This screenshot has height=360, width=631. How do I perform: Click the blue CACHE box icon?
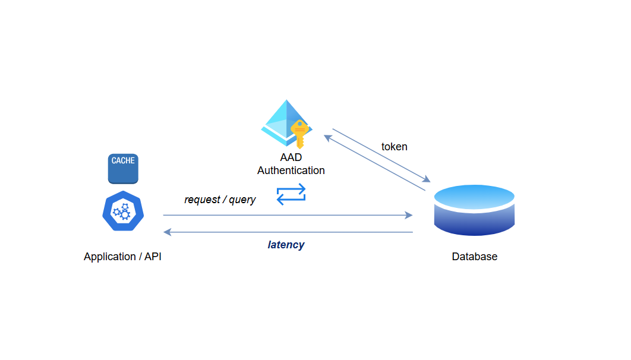[x=123, y=169]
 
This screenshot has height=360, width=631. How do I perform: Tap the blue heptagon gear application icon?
[x=123, y=211]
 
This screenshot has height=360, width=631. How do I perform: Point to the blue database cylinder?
[x=474, y=211]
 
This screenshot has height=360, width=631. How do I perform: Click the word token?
[x=394, y=147]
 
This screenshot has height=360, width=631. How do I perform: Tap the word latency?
[x=286, y=245]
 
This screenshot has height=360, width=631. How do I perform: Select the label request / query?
[x=220, y=200]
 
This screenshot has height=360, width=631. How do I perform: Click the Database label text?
[x=474, y=257]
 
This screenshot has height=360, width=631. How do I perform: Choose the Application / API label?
[x=122, y=257]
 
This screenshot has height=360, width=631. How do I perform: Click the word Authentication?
[x=291, y=170]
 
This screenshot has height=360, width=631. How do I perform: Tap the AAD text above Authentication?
[x=291, y=158]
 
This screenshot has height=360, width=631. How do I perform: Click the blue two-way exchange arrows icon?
[x=291, y=194]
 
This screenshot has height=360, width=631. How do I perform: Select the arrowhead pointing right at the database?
[x=409, y=215]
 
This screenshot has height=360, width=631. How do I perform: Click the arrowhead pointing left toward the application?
[x=168, y=232]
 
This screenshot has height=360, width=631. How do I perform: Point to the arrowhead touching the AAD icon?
[x=327, y=137]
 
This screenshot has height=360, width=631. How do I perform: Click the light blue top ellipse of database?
[x=474, y=195]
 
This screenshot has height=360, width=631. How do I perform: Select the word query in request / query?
[x=242, y=200]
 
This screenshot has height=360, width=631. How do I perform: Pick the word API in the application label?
[x=153, y=257]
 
